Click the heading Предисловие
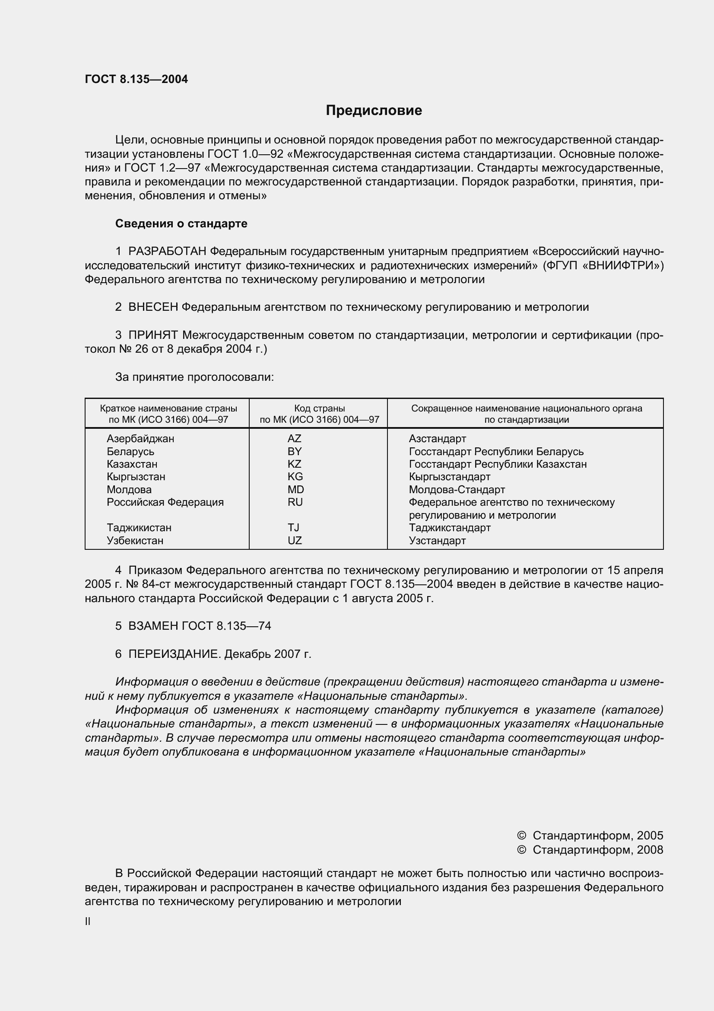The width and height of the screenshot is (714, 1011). click(374, 110)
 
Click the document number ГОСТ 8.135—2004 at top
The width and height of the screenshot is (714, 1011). click(136, 79)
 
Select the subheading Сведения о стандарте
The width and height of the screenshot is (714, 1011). click(181, 224)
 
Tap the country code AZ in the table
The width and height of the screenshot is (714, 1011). click(294, 439)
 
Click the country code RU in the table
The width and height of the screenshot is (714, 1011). click(295, 502)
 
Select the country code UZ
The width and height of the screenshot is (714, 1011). click(295, 540)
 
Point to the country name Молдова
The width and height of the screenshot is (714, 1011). click(129, 489)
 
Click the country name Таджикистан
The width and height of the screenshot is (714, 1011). click(139, 527)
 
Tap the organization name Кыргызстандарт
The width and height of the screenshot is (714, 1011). click(449, 476)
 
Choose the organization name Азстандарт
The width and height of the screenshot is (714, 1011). click(437, 439)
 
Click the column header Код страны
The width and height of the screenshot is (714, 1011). click(319, 408)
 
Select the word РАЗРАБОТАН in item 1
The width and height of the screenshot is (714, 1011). click(167, 252)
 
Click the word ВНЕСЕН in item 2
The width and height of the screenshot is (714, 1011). click(153, 307)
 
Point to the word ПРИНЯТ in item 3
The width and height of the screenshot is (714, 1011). click(153, 335)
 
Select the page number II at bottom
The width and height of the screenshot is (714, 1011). click(88, 921)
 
